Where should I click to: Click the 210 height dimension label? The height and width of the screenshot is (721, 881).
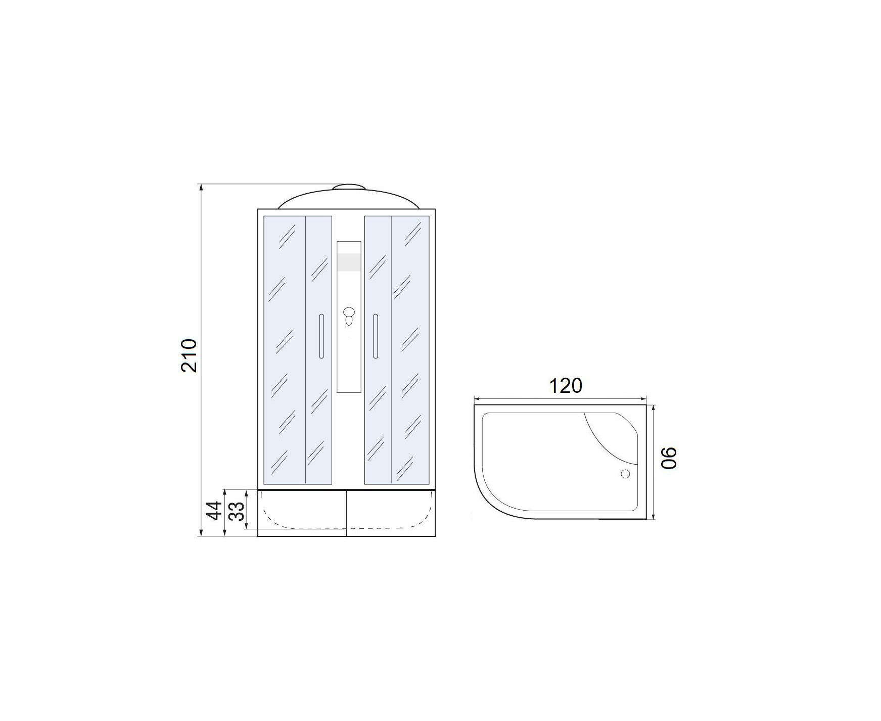coord(189,356)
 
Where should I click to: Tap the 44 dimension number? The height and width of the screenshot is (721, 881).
coord(215,510)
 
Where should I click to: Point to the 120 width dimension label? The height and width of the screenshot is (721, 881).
coord(566,386)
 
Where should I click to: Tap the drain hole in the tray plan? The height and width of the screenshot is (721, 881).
coord(625,474)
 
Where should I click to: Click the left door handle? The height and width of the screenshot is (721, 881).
coord(321,336)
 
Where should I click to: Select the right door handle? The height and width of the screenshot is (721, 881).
coord(375,336)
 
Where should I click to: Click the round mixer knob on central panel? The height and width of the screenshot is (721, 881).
coord(349,311)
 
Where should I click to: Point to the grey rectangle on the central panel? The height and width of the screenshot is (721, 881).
coord(349,262)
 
